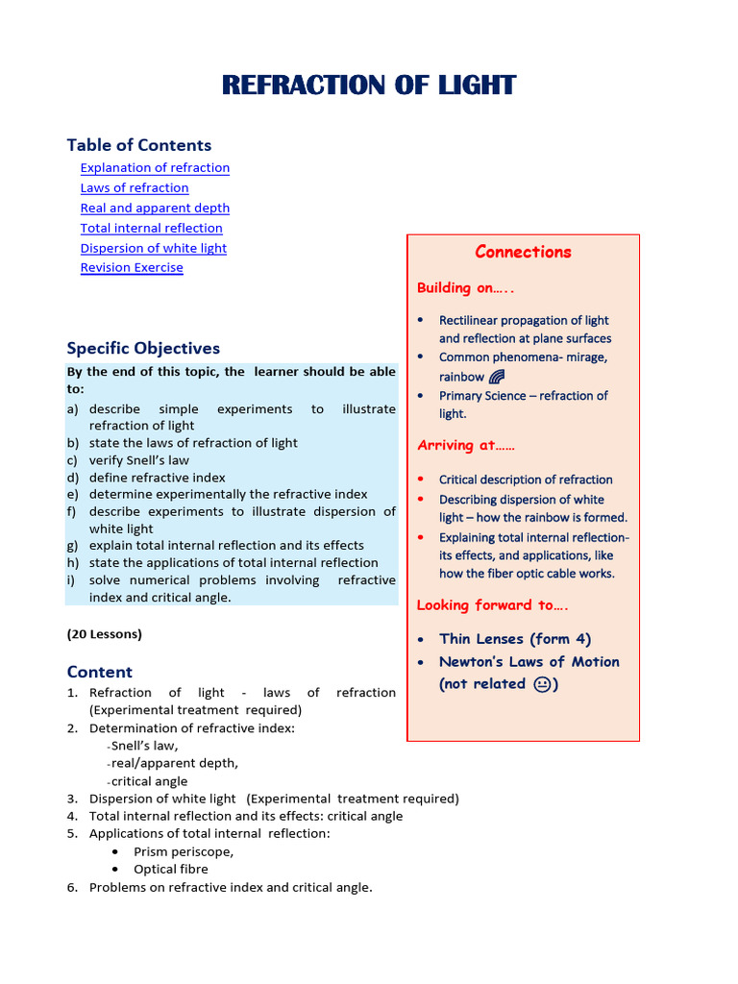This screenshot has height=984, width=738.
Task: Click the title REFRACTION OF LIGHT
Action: point(369,86)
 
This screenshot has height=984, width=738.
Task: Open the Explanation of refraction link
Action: point(155,168)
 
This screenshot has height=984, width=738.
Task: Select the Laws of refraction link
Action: point(135,188)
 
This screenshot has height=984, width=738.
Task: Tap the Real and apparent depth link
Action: point(155,209)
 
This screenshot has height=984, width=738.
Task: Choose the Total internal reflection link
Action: point(151,229)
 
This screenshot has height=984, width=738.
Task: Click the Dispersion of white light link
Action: point(154,249)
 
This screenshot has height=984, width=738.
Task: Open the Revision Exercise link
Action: point(132,268)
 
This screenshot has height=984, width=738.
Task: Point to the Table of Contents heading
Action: point(138,145)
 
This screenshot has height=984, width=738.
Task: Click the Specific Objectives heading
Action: point(143,349)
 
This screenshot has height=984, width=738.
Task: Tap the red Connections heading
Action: point(523,253)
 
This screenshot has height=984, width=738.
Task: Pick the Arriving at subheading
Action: point(465,446)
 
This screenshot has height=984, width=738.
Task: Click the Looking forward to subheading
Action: point(485,605)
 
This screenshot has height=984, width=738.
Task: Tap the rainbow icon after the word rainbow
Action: point(497,377)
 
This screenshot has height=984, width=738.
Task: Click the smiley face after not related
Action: point(543,684)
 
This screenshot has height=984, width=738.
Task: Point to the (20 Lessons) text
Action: point(104,634)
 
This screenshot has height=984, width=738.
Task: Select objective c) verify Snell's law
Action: point(139,460)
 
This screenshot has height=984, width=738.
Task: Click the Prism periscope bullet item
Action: point(183,852)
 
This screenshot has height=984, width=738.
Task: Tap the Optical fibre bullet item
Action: point(170,870)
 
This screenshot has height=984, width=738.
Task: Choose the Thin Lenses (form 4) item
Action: point(515,639)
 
